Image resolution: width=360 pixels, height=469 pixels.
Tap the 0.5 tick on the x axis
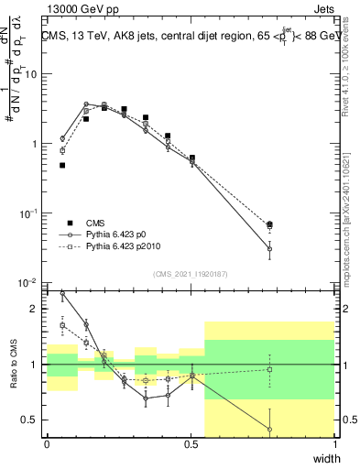pos(191,443)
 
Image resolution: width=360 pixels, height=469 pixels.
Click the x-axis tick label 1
pos(335,443)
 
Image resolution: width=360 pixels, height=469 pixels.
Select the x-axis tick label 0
pos(47,443)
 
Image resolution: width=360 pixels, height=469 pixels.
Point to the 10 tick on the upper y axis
pos(31,74)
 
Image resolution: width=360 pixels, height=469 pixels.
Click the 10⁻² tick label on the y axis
pos(29,283)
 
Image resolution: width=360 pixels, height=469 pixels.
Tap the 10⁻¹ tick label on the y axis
pos(29,213)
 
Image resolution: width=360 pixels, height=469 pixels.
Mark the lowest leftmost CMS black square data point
pos(62,166)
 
